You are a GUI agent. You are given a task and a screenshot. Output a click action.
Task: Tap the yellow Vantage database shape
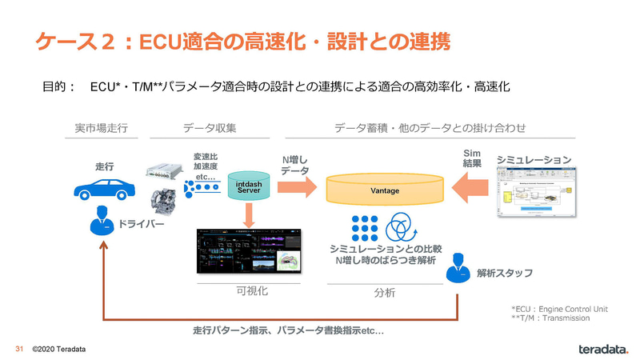[385, 190]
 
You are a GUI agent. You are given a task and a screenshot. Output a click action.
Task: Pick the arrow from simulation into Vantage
[467, 190]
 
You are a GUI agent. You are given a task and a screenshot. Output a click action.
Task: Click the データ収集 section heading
[210, 128]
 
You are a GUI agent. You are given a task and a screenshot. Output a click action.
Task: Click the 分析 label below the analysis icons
[385, 292]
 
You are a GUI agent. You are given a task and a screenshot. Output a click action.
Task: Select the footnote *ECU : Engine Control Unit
[560, 308]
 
